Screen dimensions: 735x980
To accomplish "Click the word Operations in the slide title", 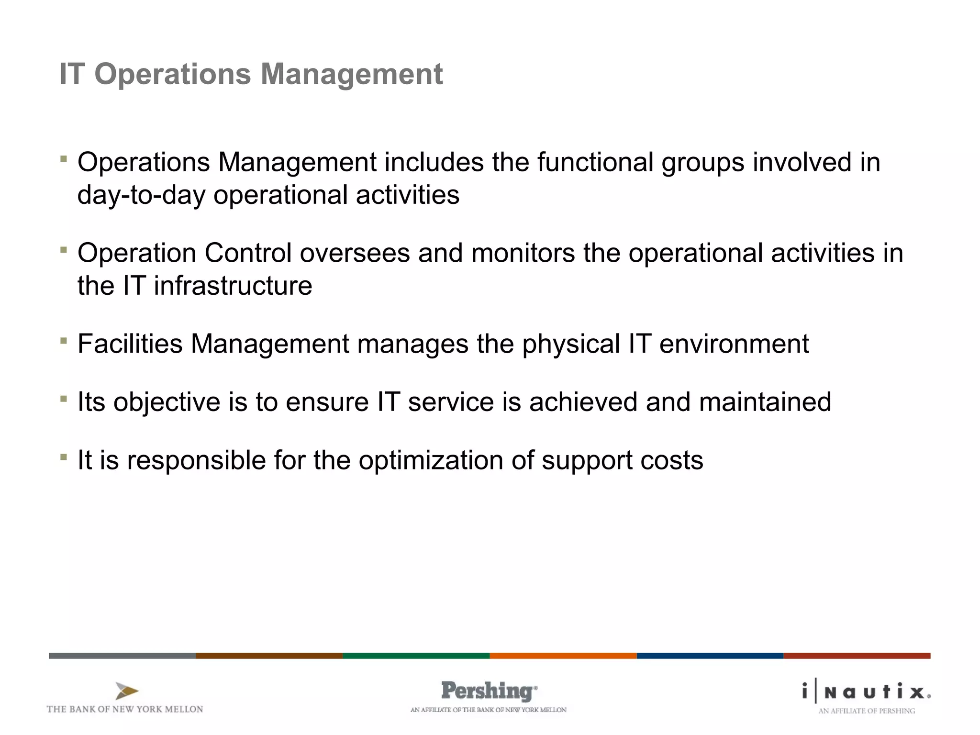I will [172, 75].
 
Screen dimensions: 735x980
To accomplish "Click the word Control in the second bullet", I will [248, 253].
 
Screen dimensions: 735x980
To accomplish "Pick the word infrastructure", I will [233, 286].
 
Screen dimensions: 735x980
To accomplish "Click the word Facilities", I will [130, 344].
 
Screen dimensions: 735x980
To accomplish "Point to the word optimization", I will [431, 460].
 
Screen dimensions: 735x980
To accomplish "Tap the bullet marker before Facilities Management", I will [63, 340].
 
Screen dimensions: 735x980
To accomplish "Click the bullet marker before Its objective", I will [63, 398].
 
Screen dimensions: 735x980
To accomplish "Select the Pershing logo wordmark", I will [488, 691].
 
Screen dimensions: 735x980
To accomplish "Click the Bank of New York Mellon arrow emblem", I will [127, 691].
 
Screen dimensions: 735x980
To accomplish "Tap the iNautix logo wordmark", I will [866, 692].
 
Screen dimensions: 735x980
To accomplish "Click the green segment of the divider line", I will [416, 656].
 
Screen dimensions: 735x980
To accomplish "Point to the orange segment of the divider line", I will [563, 656].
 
